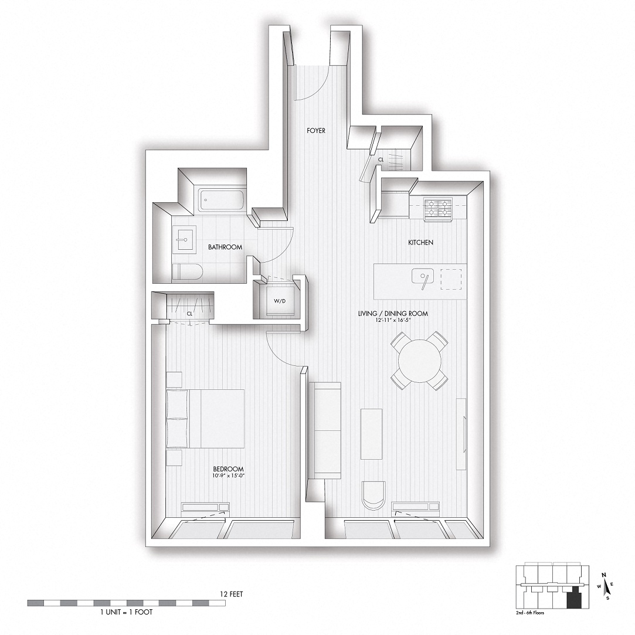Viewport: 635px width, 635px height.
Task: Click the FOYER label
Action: click(x=316, y=131)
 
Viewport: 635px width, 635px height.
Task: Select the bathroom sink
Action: click(x=182, y=240)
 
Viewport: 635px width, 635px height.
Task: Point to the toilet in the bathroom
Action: click(x=187, y=272)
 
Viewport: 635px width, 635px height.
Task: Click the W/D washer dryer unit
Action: click(x=279, y=302)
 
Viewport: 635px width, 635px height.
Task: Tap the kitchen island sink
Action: click(x=422, y=278)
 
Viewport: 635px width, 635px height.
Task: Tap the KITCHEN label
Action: click(x=420, y=242)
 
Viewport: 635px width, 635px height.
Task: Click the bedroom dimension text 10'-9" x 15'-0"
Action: click(x=228, y=476)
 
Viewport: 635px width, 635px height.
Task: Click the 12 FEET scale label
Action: click(x=228, y=594)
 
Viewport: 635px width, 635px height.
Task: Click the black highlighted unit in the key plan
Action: click(x=574, y=599)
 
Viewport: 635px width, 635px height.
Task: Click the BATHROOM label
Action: click(x=225, y=247)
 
